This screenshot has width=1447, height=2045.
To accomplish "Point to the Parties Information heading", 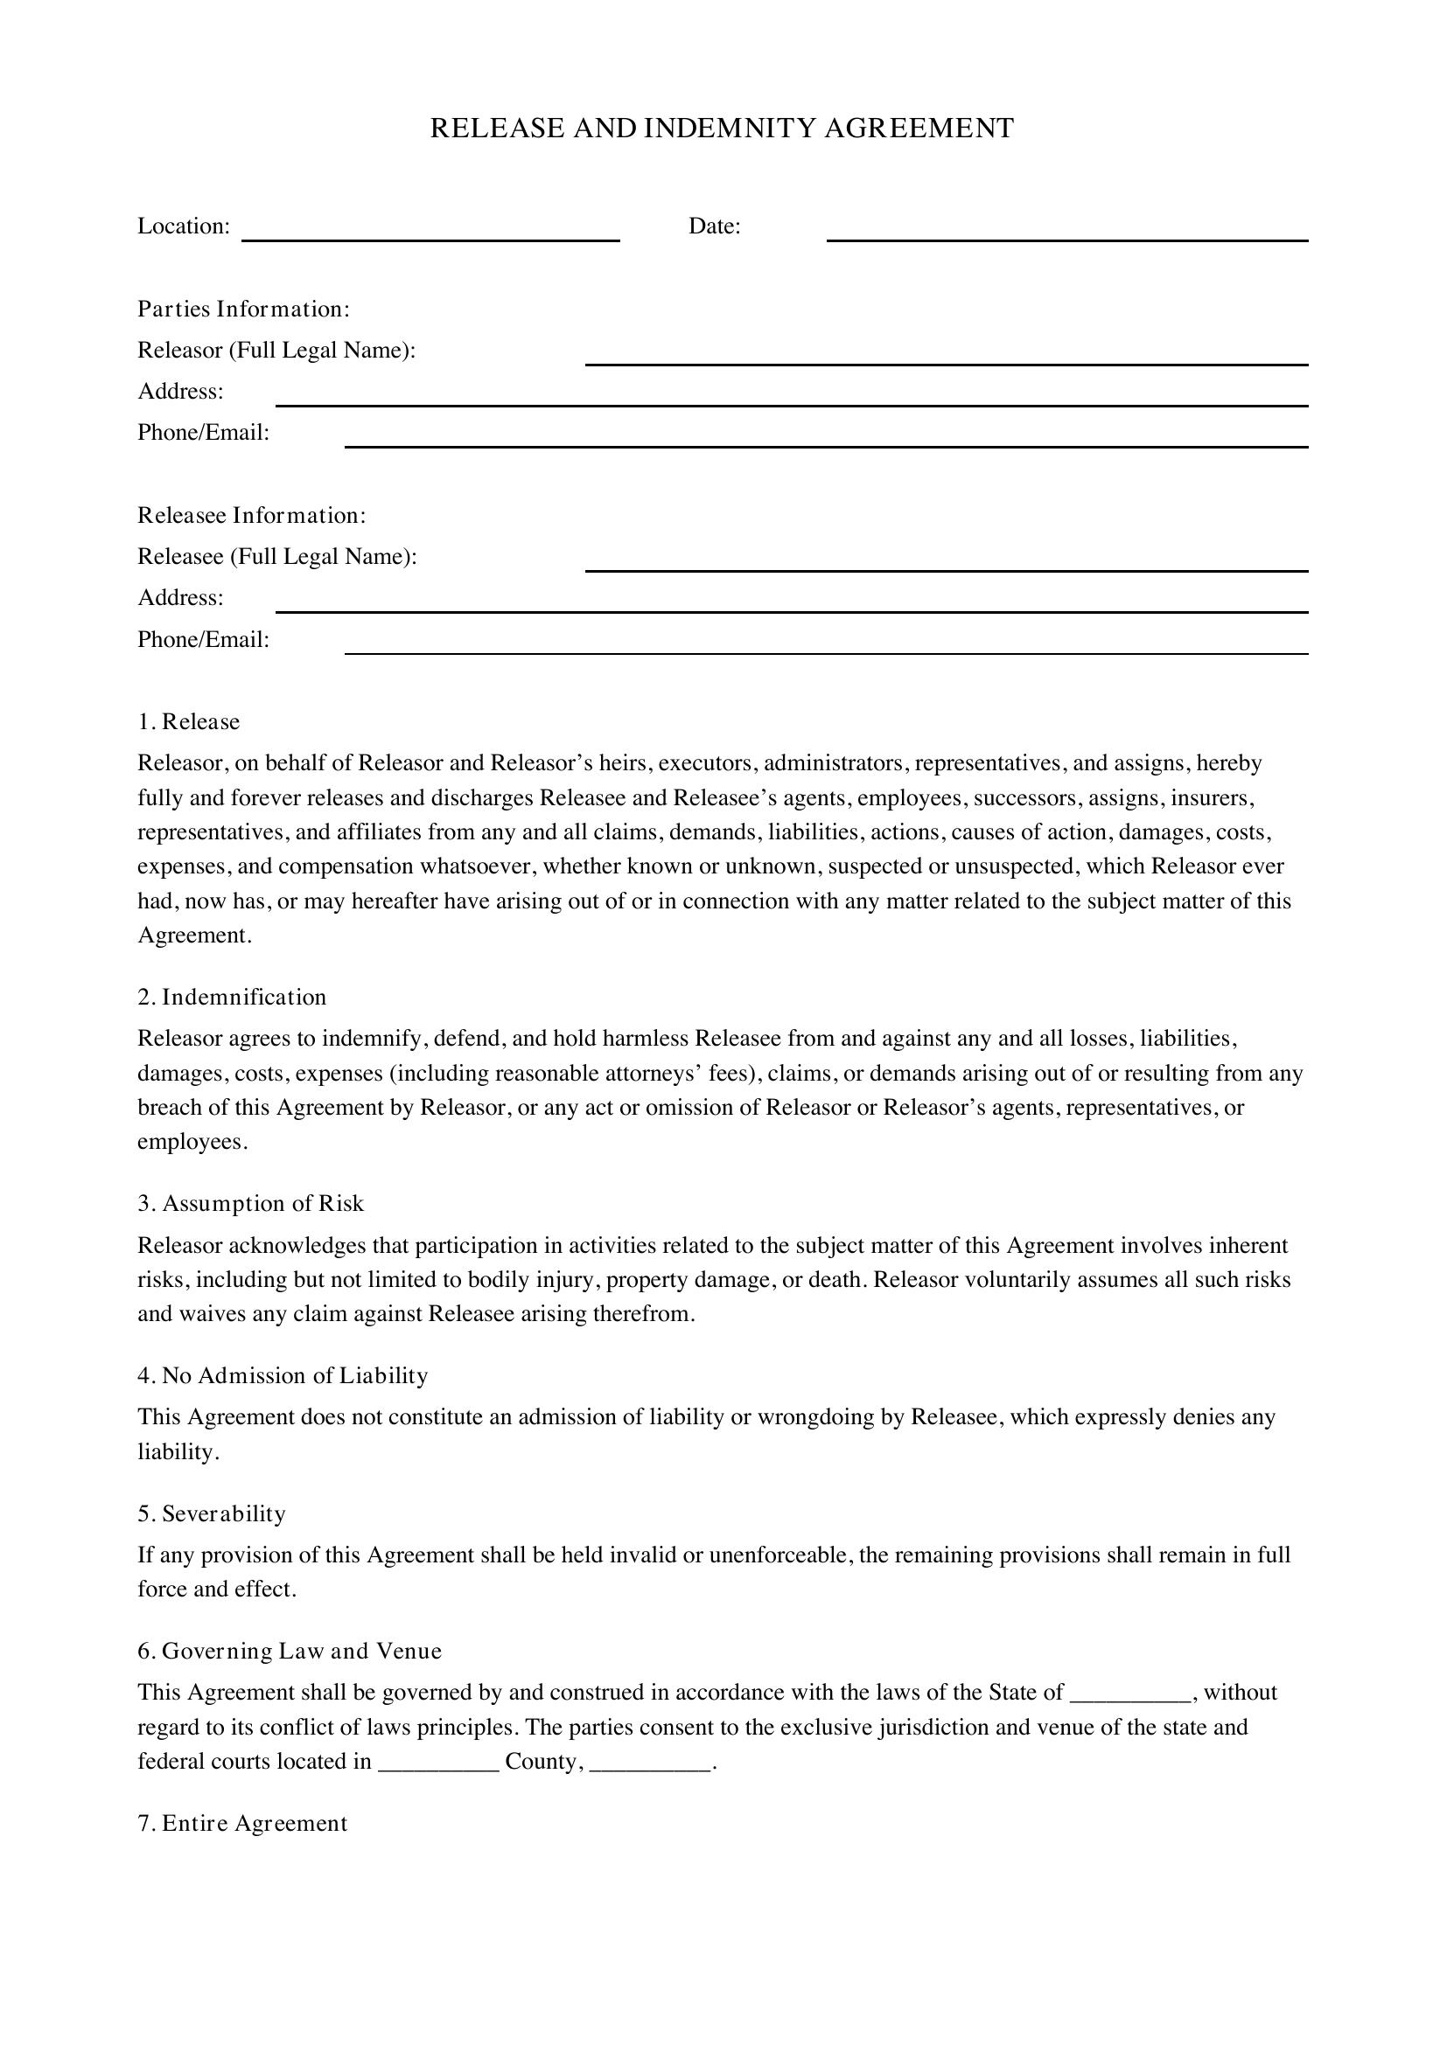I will click(243, 309).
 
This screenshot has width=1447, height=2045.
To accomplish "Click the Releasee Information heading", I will click(251, 516).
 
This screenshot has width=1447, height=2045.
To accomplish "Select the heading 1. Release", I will click(189, 721).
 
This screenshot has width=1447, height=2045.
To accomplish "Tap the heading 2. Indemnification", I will click(232, 997).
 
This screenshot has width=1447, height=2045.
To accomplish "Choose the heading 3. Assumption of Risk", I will click(250, 1203).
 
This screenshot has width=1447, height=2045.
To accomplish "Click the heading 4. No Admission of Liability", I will click(283, 1375).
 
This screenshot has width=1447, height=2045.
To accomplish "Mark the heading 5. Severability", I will click(211, 1513).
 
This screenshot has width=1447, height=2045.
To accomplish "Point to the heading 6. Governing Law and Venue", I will click(290, 1651).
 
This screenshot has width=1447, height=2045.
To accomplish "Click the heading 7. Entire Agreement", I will click(242, 1823).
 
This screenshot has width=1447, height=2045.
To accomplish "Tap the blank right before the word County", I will click(438, 1764).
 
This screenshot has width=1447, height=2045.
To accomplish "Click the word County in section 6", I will click(543, 1762).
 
